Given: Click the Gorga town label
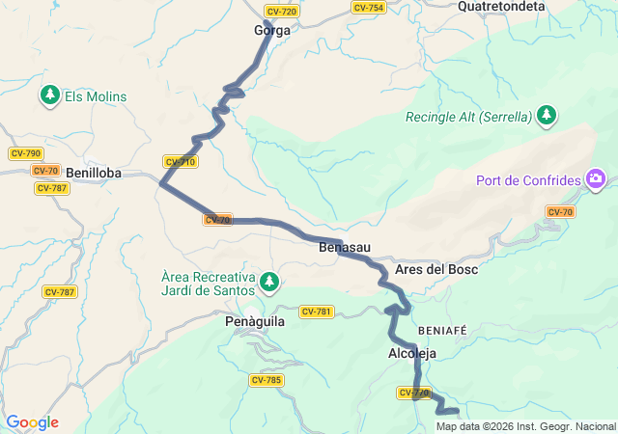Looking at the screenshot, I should point(271,30).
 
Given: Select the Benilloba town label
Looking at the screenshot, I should point(95,173).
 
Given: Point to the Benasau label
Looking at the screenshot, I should point(345,248).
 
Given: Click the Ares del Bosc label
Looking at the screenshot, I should point(436,269).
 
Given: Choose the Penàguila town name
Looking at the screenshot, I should point(254,322).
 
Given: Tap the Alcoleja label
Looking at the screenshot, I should point(412,354).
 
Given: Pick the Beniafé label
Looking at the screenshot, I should point(442,330).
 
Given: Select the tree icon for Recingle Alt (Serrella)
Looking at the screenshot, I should point(548,117).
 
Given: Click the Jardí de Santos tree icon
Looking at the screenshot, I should point(270,283).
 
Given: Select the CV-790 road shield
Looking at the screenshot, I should point(26,153).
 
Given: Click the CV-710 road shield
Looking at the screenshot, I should point(181,161).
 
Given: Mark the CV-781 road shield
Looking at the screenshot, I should point(317,311).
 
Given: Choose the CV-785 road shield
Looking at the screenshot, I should point(267,380).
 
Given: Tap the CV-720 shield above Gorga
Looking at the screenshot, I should point(281,12).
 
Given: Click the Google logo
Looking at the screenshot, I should point(31,422).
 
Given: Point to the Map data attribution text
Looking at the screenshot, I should point(525,426).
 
